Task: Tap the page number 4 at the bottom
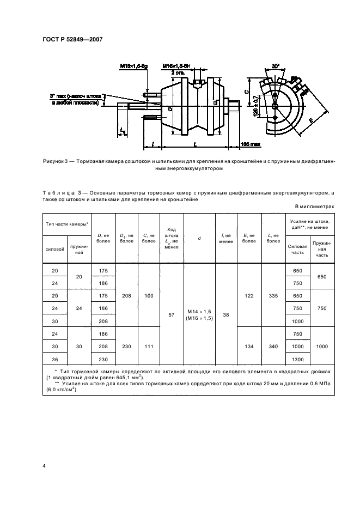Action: [x=44, y=466]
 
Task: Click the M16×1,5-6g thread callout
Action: [x=133, y=66]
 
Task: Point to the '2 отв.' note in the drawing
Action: [x=177, y=71]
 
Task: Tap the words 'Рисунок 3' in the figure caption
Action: [x=56, y=162]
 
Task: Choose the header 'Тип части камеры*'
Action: [x=65, y=224]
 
